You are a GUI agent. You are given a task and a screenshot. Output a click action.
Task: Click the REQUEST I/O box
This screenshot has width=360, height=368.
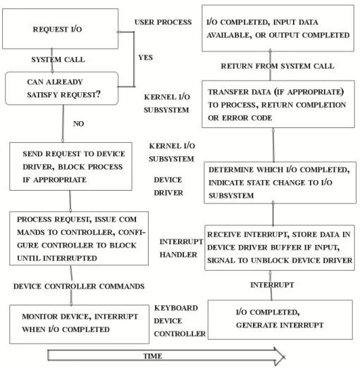(x=60, y=29)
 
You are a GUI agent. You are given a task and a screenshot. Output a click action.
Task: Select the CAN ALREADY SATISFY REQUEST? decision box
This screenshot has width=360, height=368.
(x=61, y=88)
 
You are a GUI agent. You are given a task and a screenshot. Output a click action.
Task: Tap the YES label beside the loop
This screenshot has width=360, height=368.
(x=145, y=58)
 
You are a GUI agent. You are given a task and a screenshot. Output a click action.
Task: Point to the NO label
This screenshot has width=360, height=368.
(x=78, y=124)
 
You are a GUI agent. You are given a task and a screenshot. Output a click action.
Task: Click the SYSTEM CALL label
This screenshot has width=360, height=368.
(x=58, y=60)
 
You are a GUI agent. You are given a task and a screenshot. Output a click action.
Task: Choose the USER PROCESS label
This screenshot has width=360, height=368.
(x=163, y=22)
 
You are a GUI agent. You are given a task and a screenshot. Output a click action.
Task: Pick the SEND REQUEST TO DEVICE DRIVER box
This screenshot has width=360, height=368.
(x=70, y=166)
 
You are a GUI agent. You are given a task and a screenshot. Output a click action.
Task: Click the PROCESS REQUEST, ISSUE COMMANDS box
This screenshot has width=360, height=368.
(x=79, y=239)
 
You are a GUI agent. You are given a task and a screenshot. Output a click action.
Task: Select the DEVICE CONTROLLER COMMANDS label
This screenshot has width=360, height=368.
(x=79, y=286)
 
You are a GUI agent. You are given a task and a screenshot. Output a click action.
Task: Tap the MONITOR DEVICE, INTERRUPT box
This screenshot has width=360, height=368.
(x=79, y=324)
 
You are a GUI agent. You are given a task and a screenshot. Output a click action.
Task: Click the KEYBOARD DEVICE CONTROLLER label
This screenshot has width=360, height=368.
(x=180, y=321)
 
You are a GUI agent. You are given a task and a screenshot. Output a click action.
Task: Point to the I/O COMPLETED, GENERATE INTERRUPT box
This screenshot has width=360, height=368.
(x=280, y=319)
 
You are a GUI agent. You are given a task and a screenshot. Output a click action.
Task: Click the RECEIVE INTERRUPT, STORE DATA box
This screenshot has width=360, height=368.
(x=280, y=248)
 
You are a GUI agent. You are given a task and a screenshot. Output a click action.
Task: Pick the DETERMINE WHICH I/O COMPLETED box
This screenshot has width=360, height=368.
(x=280, y=182)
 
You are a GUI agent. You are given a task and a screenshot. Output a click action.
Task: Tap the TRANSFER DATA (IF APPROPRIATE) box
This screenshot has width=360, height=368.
(x=278, y=104)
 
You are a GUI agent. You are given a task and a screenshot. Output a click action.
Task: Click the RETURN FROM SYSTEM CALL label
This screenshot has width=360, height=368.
(x=278, y=66)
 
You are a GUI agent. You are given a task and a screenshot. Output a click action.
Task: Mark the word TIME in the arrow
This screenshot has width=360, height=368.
(x=153, y=356)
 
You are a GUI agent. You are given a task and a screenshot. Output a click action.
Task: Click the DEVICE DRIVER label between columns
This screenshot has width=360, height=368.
(x=168, y=186)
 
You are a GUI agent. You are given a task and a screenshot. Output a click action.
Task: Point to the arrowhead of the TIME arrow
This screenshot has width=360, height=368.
(x=285, y=357)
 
